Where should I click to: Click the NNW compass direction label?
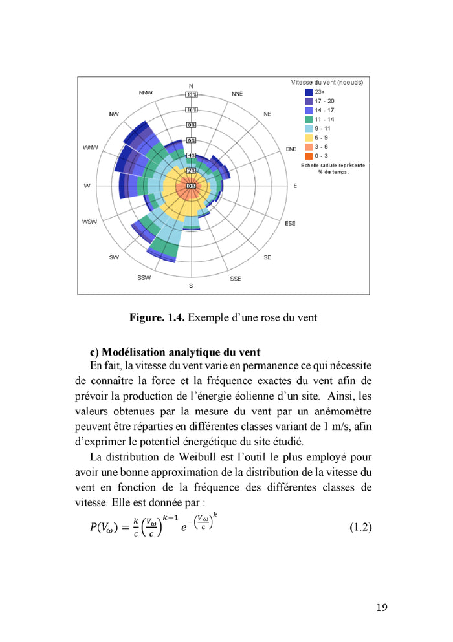[x=146, y=93]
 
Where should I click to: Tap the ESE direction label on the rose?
[x=290, y=223]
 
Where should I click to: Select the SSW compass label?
[x=144, y=277]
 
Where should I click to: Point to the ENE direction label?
[x=291, y=149]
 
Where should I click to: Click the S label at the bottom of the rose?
[x=190, y=285]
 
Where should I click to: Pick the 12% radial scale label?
[x=191, y=94]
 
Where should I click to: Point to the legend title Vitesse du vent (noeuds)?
[x=326, y=83]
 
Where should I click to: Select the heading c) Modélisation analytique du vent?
[x=175, y=352]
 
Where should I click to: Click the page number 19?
[x=381, y=607]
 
